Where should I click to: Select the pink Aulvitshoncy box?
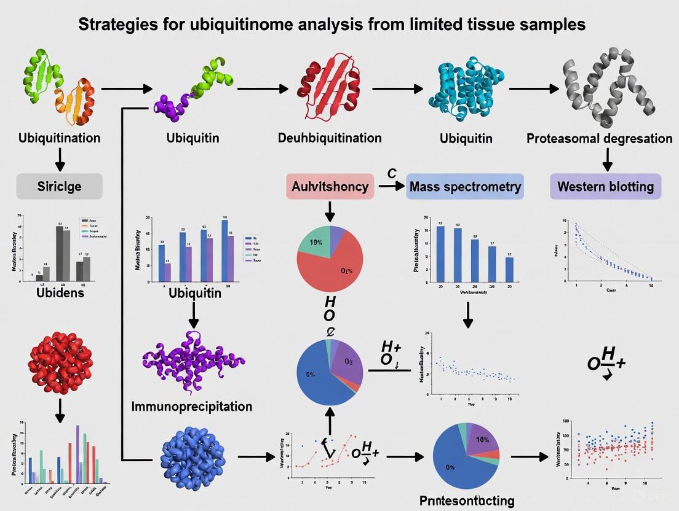(330, 187)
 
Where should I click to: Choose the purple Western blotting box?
(605, 187)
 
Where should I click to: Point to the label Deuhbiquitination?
(330, 138)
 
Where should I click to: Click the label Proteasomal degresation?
(599, 138)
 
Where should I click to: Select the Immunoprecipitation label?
(191, 407)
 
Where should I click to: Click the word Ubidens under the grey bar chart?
(60, 292)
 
